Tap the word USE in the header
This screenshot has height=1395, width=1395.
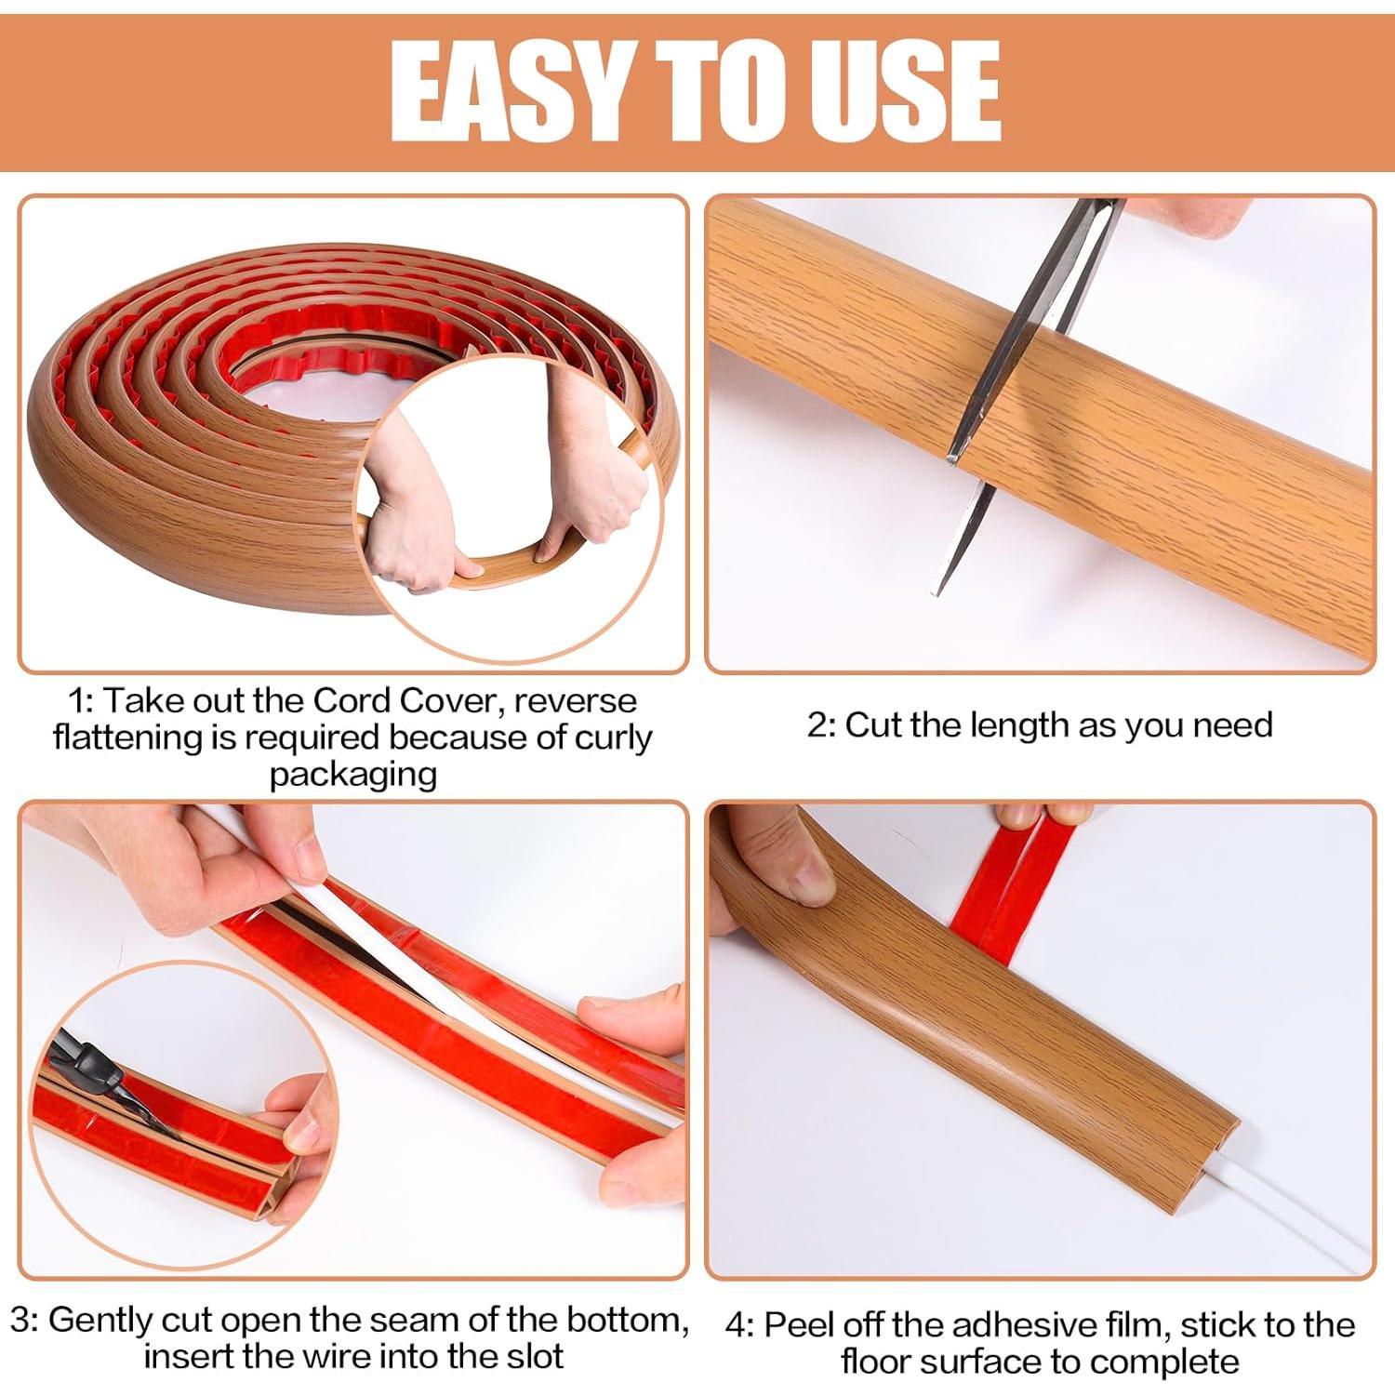pyautogui.click(x=902, y=90)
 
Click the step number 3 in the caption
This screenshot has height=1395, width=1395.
pyautogui.click(x=21, y=1320)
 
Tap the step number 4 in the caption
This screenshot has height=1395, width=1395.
pyautogui.click(x=737, y=1326)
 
